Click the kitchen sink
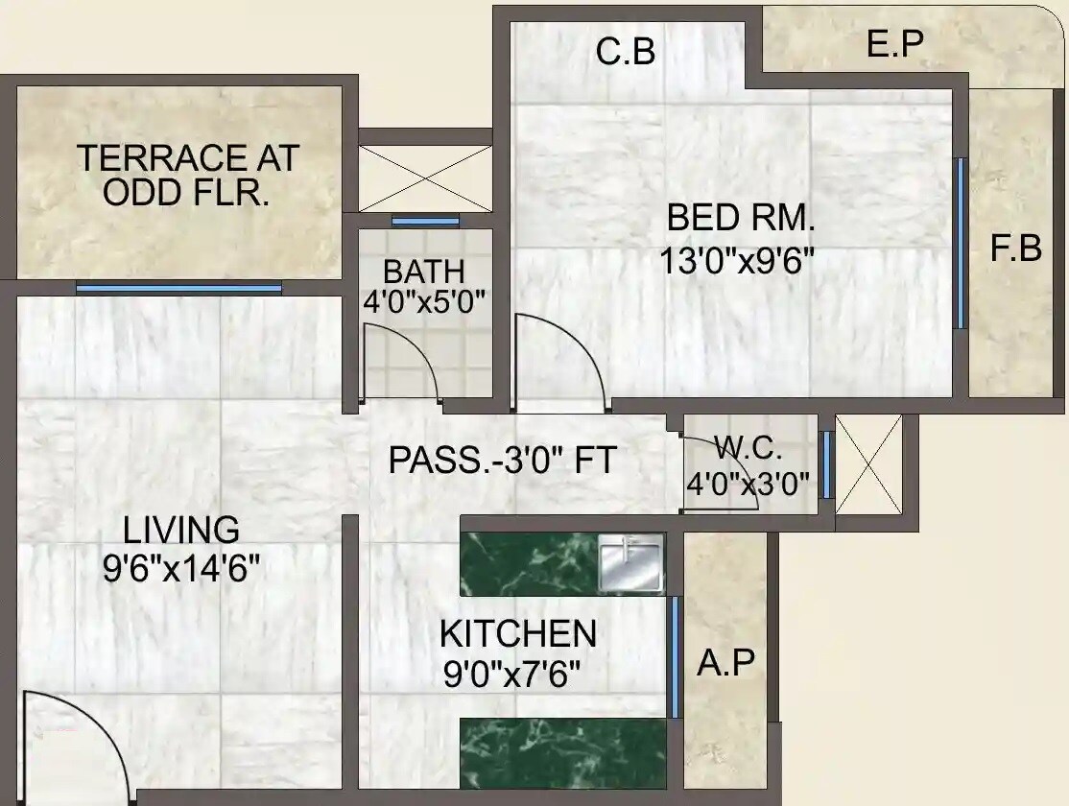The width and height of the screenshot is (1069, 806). (x=630, y=563)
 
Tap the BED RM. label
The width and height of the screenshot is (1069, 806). (x=740, y=219)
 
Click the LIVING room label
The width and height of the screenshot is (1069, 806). (x=181, y=530)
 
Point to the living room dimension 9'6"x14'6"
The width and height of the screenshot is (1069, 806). (x=181, y=569)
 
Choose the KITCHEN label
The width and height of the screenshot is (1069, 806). (x=518, y=634)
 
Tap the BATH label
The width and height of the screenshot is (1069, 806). (x=423, y=271)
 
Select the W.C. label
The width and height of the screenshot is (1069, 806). (x=748, y=448)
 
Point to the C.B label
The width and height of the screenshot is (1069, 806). (x=626, y=52)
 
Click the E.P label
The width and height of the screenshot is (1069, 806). (x=893, y=44)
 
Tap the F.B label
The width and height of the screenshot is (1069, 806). (x=1015, y=249)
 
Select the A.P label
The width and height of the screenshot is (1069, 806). (x=725, y=662)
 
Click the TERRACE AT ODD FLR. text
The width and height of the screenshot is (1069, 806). (x=188, y=175)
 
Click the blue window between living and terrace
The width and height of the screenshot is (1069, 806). (x=179, y=288)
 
